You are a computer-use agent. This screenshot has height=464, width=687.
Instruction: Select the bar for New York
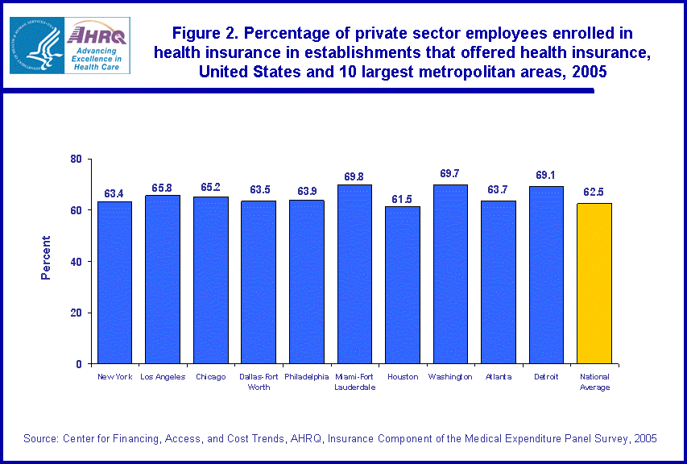click(x=114, y=282)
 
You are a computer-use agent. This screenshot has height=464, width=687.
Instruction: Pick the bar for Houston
click(x=403, y=285)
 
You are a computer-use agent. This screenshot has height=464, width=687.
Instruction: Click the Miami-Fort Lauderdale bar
click(x=354, y=274)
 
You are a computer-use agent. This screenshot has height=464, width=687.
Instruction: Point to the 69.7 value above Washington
click(x=450, y=173)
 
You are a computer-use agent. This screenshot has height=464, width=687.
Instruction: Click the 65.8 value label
click(x=162, y=188)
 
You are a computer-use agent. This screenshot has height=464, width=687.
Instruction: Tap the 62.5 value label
click(x=594, y=193)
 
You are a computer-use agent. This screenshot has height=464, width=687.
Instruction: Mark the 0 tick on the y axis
click(x=79, y=364)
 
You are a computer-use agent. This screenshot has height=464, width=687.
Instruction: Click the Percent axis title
click(x=46, y=258)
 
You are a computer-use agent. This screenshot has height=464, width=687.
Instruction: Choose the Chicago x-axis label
click(x=210, y=377)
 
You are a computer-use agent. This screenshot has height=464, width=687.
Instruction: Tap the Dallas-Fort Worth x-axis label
click(x=259, y=382)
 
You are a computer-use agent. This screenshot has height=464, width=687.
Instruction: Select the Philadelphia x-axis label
click(x=307, y=377)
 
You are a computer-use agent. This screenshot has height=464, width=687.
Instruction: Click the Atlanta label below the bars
click(x=499, y=377)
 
